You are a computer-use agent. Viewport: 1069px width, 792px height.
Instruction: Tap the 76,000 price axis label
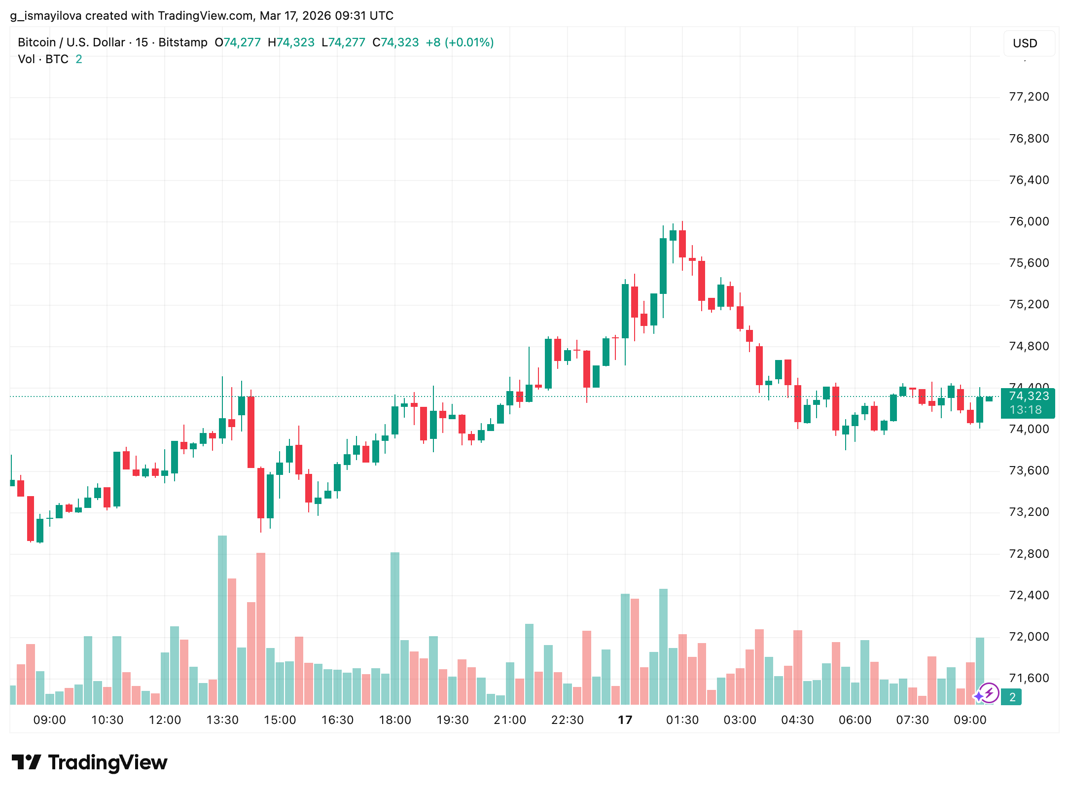[x=1029, y=221]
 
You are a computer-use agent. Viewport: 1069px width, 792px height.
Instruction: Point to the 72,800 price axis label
[x=1029, y=554]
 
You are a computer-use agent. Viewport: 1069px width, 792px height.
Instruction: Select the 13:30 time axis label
[x=222, y=720]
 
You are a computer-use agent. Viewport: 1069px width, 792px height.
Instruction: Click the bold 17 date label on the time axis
[x=625, y=720]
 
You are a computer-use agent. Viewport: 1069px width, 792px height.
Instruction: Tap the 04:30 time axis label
[x=797, y=720]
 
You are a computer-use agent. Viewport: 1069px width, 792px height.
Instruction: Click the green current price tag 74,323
[x=1028, y=402]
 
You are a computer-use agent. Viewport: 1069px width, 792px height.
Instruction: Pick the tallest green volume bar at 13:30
[x=222, y=619]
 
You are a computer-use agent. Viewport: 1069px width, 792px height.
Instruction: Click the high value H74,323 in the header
[x=291, y=42]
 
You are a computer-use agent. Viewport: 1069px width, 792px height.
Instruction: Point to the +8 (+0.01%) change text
[x=460, y=42]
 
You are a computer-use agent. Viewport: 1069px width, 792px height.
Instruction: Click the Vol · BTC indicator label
[x=43, y=59]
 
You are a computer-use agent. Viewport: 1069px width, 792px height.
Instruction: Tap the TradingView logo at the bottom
[x=90, y=762]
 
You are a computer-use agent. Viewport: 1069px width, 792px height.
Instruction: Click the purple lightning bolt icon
[x=989, y=693]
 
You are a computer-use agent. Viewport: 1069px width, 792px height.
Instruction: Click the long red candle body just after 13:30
[x=251, y=432]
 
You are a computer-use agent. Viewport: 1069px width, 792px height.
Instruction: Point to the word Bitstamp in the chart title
[x=183, y=42]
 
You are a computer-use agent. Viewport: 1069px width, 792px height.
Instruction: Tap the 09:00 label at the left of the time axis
[x=49, y=720]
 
